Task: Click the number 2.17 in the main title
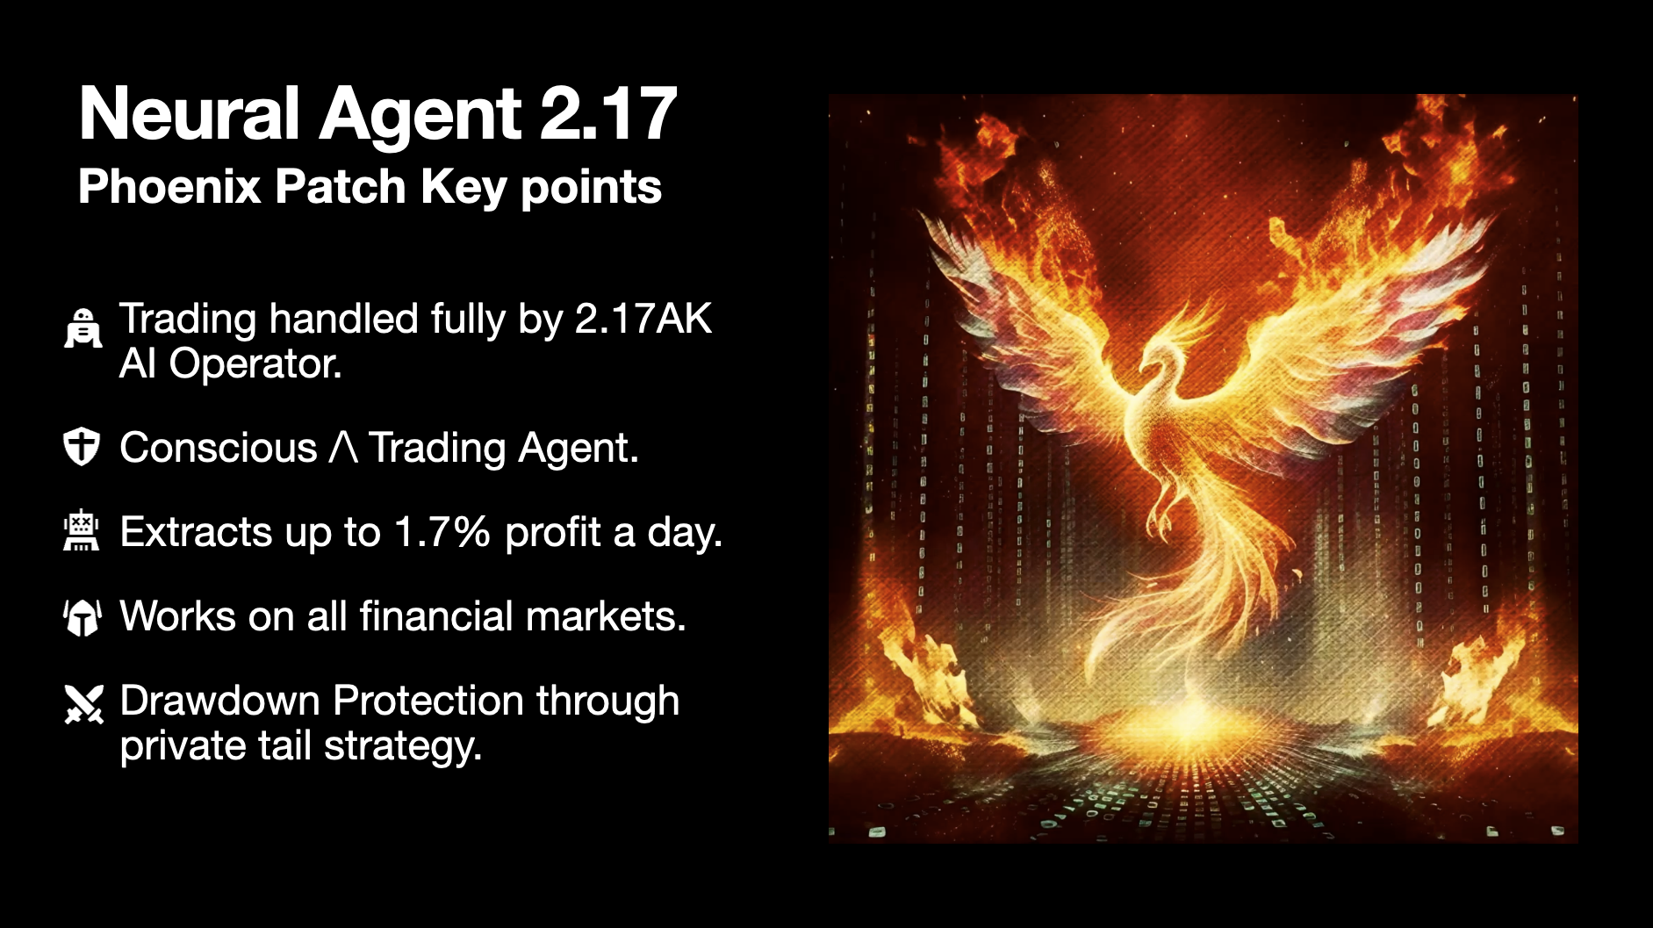coord(607,113)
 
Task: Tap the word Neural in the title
coord(190,113)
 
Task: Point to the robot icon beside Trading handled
coord(83,328)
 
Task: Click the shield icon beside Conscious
coord(82,446)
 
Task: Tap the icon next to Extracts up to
coord(82,530)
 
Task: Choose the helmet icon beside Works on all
coord(83,615)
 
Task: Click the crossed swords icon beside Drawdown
coord(83,703)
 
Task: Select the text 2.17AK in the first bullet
coord(643,319)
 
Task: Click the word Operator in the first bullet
coord(255,363)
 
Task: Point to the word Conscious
coord(219,448)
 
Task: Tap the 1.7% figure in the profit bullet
coord(442,532)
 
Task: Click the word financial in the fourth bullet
coord(435,615)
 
